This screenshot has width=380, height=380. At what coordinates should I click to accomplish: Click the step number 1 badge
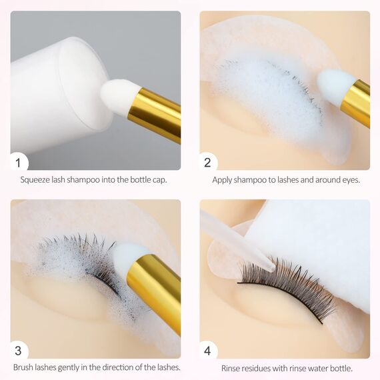[19, 161]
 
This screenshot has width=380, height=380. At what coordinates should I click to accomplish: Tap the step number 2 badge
[208, 161]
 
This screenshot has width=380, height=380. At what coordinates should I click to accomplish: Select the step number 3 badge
[19, 350]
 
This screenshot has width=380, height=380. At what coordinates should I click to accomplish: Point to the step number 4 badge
[208, 350]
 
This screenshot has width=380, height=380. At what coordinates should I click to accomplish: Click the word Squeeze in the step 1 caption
[36, 180]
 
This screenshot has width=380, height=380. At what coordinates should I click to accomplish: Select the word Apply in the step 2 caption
[223, 180]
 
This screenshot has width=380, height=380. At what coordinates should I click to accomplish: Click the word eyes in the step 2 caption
[348, 180]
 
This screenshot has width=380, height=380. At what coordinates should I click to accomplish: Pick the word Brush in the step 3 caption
[25, 367]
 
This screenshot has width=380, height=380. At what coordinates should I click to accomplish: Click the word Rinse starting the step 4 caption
[232, 368]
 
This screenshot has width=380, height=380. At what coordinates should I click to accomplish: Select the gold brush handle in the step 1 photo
[155, 115]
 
